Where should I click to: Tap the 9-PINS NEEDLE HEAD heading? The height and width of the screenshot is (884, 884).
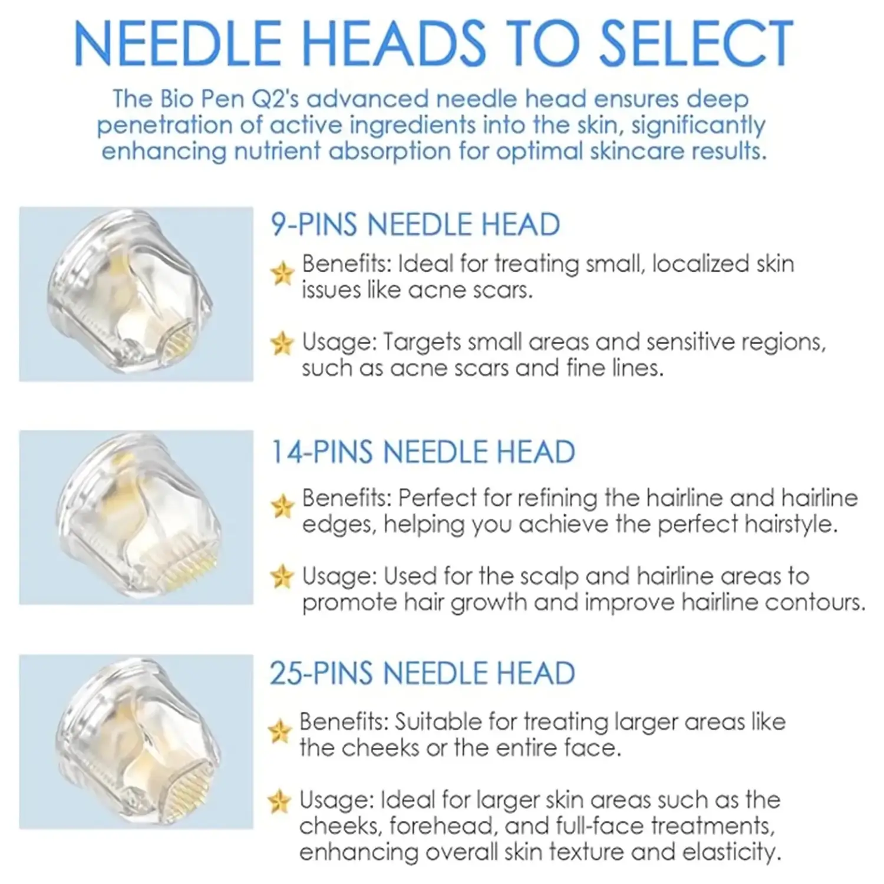click(x=415, y=225)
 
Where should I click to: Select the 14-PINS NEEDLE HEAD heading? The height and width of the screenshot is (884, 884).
click(x=423, y=452)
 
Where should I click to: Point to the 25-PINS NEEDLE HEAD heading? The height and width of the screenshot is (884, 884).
click(x=423, y=674)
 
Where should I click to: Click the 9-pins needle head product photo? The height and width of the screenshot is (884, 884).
click(x=136, y=294)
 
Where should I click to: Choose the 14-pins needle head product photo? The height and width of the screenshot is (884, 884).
click(x=136, y=517)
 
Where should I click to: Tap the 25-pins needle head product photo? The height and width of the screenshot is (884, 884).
click(x=136, y=742)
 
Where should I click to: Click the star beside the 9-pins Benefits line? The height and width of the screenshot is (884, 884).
click(x=282, y=273)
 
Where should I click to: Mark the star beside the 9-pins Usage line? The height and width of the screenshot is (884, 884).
click(x=282, y=343)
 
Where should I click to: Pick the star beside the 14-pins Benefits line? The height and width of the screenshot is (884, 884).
click(x=282, y=506)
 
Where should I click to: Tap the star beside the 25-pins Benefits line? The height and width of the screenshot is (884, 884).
click(x=279, y=731)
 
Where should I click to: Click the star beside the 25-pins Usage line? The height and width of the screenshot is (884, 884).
click(x=279, y=801)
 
